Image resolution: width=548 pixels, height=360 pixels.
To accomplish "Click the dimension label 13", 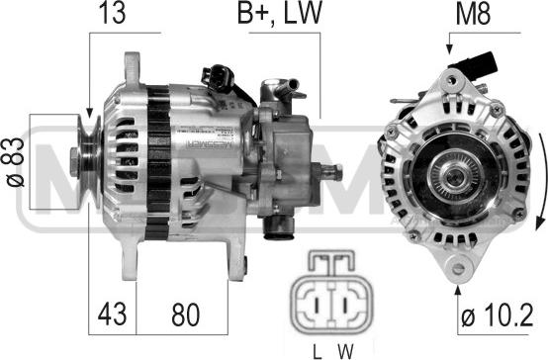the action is [112, 13].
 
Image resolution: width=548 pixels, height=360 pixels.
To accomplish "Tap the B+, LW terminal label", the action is [279, 14].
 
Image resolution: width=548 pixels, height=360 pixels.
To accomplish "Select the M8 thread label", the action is [473, 13].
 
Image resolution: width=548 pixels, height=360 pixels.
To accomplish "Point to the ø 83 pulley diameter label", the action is [16, 162].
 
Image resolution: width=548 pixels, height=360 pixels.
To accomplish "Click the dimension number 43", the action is [112, 314].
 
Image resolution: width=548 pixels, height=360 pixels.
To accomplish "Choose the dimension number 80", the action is [185, 315].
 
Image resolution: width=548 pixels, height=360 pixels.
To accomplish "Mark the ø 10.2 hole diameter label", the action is [497, 315].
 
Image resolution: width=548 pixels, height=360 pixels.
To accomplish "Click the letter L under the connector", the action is [317, 351].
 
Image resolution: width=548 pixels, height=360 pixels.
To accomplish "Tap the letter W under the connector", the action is [346, 351].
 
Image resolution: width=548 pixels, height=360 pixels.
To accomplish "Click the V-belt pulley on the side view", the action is [88, 161].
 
